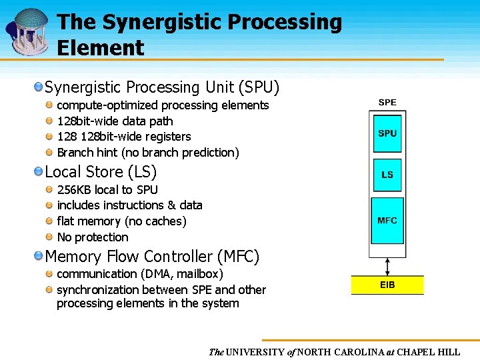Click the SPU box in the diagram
pyautogui.click(x=387, y=133)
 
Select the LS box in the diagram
pyautogui.click(x=387, y=175)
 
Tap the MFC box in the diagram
pyautogui.click(x=387, y=221)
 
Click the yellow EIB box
pyautogui.click(x=387, y=285)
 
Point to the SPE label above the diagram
pyautogui.click(x=387, y=103)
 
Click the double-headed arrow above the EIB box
pyautogui.click(x=387, y=266)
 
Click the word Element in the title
pyautogui.click(x=100, y=47)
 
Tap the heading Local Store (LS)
pyautogui.click(x=101, y=171)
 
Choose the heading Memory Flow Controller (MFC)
pyautogui.click(x=152, y=256)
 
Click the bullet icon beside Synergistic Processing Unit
pyautogui.click(x=39, y=87)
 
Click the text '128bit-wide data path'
pyautogui.click(x=115, y=121)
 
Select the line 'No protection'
pyautogui.click(x=93, y=237)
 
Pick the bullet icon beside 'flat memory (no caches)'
pyautogui.click(x=50, y=221)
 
